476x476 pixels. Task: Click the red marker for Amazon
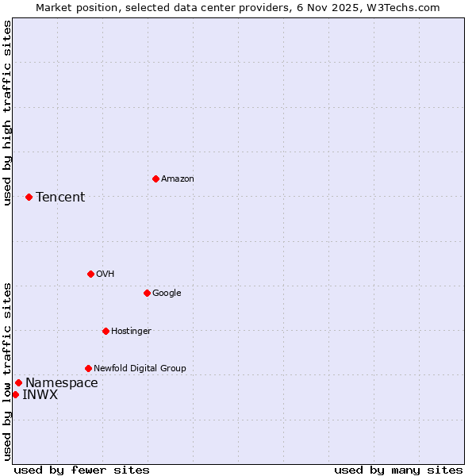tap(155, 178)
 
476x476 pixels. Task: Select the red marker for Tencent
tap(29, 197)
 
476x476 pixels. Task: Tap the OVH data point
tap(90, 274)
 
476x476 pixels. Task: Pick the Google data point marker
tap(147, 293)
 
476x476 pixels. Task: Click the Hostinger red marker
tap(106, 331)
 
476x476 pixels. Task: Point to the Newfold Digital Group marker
tap(88, 368)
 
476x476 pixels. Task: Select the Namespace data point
tap(18, 382)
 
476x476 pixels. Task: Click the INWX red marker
tap(15, 394)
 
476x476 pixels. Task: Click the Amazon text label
tap(178, 179)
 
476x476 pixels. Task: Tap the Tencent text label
tap(60, 198)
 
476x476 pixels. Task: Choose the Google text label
tap(167, 294)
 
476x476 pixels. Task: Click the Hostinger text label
tap(131, 332)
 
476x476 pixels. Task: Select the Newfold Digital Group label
tap(140, 369)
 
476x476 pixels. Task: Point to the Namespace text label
tap(62, 383)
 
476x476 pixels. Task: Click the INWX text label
tap(40, 395)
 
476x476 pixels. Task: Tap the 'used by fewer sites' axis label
tap(82, 470)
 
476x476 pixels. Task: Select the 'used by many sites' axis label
tap(398, 470)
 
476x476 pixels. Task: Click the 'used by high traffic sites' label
tap(8, 113)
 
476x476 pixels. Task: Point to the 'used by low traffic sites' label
tap(8, 371)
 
